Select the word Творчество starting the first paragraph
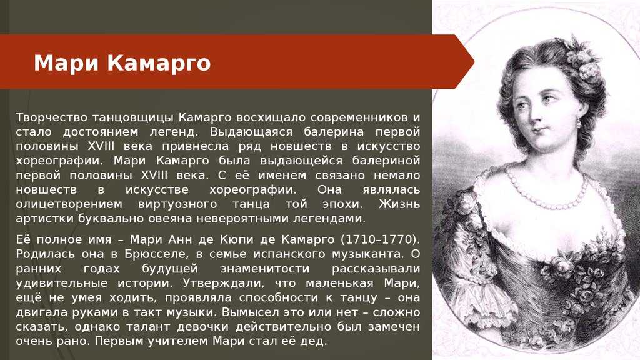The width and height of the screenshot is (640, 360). pos(52,118)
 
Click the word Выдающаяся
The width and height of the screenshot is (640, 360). pos(251,132)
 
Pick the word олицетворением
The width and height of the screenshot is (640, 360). pos(69,204)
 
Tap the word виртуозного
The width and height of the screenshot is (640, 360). pos(177,204)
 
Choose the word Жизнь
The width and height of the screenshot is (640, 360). pos(399,204)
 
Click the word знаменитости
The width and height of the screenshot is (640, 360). pos(265,269)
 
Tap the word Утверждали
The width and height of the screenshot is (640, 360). pos(225,284)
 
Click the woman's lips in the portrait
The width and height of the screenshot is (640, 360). pos(539,131)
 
